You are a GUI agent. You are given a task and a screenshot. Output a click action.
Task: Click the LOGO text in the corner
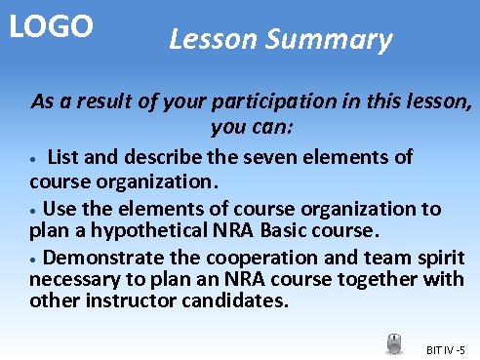point(51,26)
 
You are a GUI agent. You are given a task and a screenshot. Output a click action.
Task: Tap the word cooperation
point(253,258)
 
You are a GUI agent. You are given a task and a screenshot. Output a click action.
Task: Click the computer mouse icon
point(394,343)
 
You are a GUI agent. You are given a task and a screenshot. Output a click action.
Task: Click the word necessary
point(73,279)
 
